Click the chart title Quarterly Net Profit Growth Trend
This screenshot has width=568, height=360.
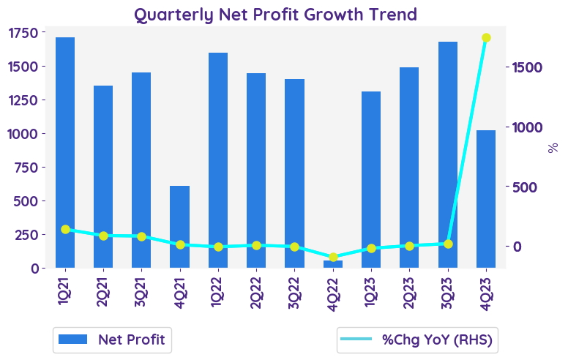pyautogui.click(x=274, y=14)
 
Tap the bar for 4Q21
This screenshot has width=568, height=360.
pyautogui.click(x=180, y=227)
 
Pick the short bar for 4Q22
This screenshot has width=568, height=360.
pyautogui.click(x=333, y=264)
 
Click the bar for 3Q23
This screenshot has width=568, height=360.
pyautogui.click(x=448, y=154)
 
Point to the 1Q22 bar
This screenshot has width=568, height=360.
pyautogui.click(x=218, y=160)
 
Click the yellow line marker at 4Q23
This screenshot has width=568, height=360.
pyautogui.click(x=486, y=38)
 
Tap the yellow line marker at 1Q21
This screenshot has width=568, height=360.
pyautogui.click(x=65, y=229)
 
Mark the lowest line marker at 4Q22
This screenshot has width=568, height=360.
pyautogui.click(x=333, y=257)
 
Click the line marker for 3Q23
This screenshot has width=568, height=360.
pyautogui.click(x=448, y=244)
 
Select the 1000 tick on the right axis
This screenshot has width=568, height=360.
pyautogui.click(x=526, y=127)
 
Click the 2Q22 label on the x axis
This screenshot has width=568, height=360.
pyautogui.click(x=257, y=293)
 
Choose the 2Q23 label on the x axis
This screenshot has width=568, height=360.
pyautogui.click(x=410, y=293)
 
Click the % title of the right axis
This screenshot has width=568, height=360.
pyautogui.click(x=553, y=147)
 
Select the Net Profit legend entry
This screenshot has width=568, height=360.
pyautogui.click(x=113, y=340)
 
